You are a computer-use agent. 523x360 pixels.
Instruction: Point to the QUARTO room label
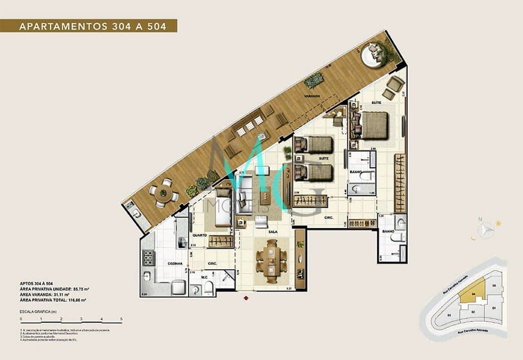coord(200,235)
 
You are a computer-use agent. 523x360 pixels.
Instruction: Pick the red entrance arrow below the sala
coord(247,297)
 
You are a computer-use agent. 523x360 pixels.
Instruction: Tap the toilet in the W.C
coord(209,290)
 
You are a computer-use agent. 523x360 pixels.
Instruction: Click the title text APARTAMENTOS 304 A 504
coord(92,26)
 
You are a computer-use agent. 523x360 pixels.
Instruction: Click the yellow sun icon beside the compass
coord(498,223)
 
